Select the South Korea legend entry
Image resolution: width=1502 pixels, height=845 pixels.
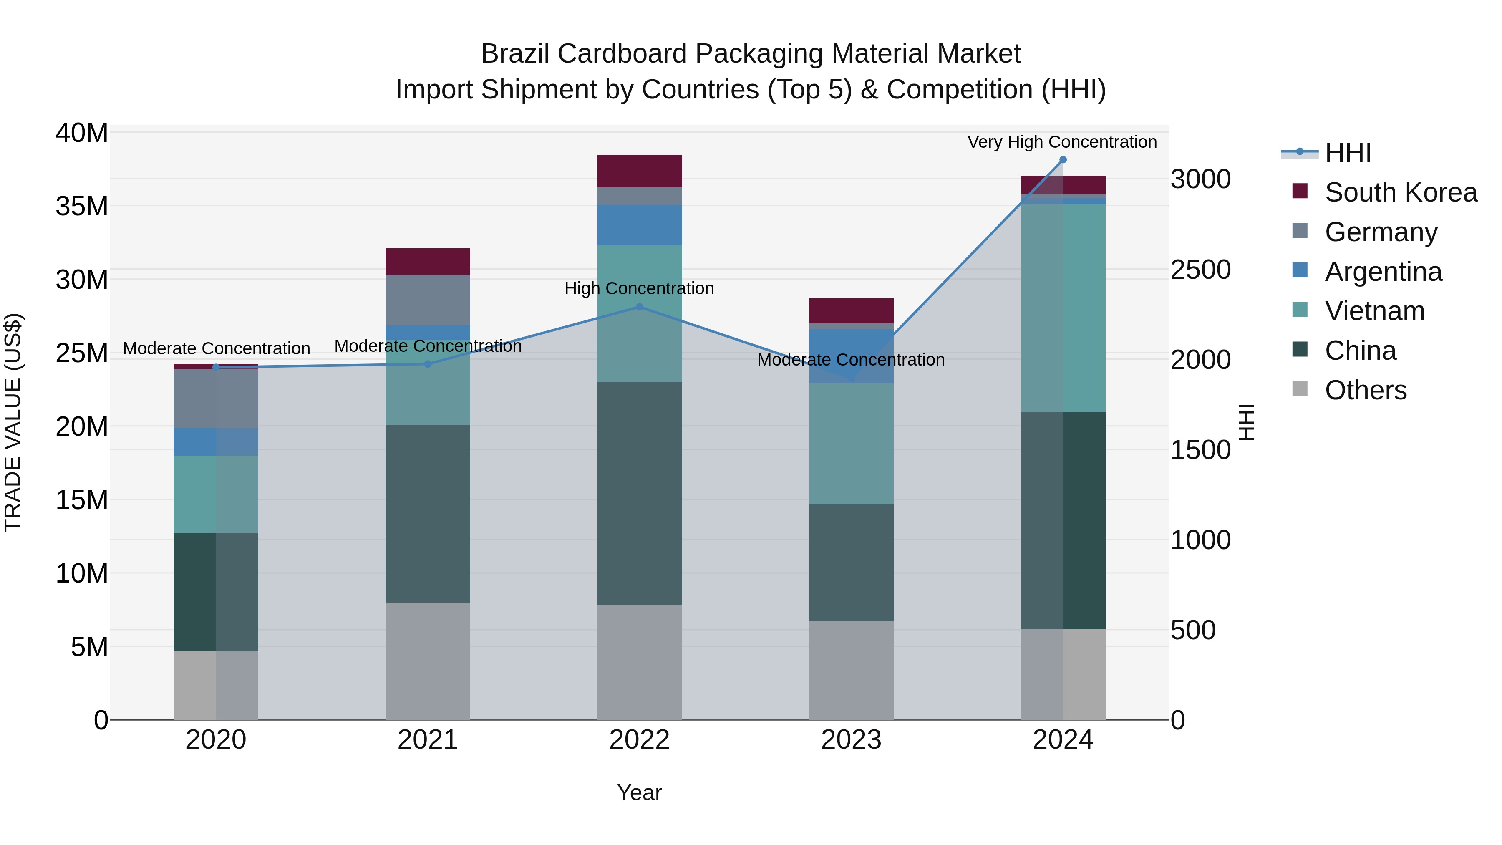click(1400, 192)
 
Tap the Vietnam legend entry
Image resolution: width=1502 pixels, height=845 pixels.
click(1374, 311)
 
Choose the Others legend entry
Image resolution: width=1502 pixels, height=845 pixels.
click(1365, 390)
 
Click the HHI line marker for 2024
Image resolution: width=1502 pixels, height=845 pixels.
click(1062, 160)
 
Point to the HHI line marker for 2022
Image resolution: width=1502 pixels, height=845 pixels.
click(639, 307)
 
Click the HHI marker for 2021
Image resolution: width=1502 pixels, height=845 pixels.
click(427, 364)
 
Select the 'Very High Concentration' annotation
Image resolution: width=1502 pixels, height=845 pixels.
click(1062, 142)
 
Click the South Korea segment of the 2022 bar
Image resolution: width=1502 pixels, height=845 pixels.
click(639, 171)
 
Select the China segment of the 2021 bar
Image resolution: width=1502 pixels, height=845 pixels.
click(427, 513)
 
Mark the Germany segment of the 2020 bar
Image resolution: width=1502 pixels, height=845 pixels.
click(216, 399)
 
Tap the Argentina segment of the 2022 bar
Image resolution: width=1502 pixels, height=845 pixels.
click(639, 224)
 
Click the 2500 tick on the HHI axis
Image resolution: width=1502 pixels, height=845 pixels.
click(1200, 270)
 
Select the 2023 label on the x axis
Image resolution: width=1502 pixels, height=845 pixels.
click(851, 740)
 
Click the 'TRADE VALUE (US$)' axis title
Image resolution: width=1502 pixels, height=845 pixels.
click(13, 422)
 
